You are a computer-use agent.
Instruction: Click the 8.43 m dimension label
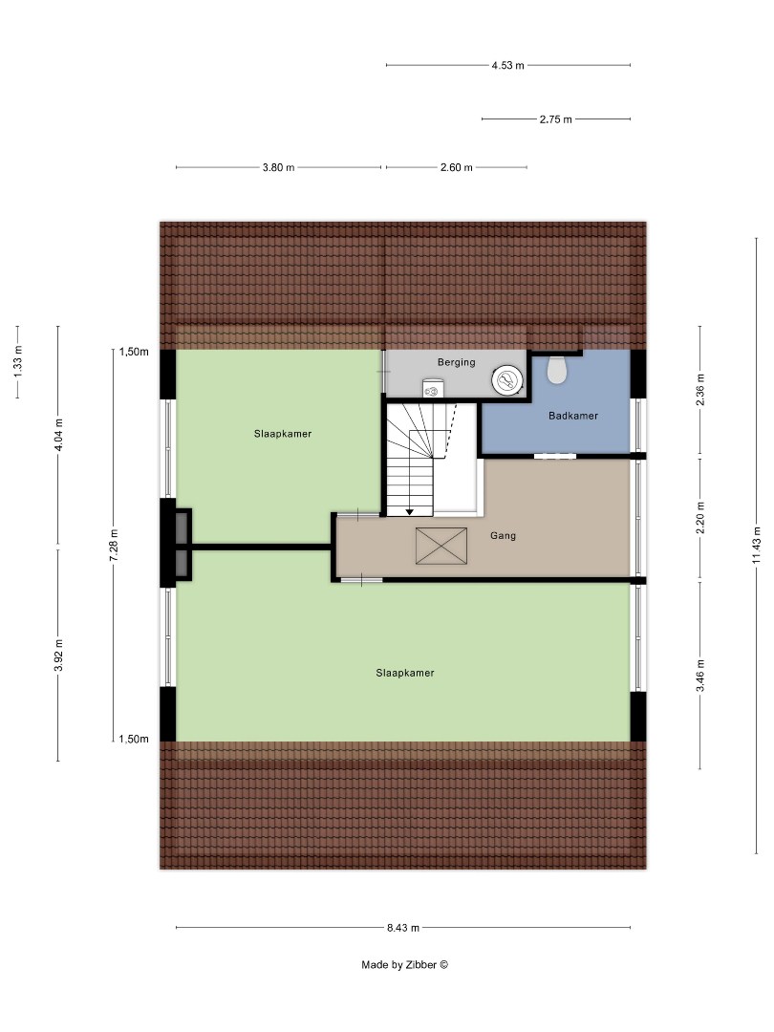403,927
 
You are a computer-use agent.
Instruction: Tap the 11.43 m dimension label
757,545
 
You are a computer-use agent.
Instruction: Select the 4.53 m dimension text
508,65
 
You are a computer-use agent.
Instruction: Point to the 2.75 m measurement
555,119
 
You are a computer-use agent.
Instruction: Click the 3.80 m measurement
278,167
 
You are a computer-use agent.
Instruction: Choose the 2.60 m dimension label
456,167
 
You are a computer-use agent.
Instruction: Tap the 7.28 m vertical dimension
113,545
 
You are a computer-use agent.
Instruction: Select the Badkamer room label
573,416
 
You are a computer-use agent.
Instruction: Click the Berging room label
456,362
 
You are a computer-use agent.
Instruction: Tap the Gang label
503,536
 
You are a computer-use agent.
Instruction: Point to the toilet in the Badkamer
556,369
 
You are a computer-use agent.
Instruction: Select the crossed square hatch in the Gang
441,546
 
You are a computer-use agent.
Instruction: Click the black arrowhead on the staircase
410,512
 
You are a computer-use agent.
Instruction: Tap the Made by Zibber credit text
404,964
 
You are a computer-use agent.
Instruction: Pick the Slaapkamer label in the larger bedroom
405,673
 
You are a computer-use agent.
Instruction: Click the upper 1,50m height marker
134,352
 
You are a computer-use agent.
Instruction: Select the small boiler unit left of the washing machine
433,389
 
